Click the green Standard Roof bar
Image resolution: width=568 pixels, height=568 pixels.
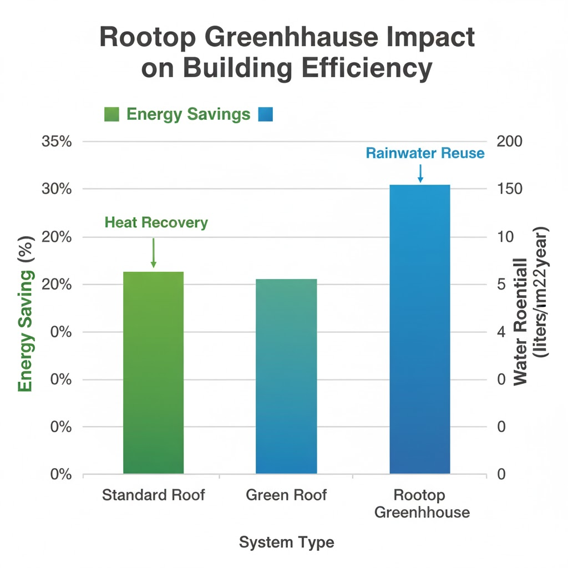(x=153, y=372)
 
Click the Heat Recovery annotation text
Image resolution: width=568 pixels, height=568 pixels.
(x=156, y=223)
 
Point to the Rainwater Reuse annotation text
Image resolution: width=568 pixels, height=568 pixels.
(x=425, y=153)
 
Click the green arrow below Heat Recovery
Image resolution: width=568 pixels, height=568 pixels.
(x=154, y=253)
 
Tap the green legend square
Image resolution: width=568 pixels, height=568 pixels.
(x=112, y=114)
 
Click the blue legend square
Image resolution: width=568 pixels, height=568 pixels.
(x=266, y=114)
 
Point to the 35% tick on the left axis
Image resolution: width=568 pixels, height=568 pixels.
(x=57, y=141)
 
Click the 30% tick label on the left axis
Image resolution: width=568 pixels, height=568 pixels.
(x=57, y=189)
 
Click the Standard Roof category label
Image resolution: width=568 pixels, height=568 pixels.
(x=153, y=495)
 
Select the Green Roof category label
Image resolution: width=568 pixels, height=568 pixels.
(x=286, y=495)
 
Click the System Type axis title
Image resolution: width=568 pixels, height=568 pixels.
(x=286, y=542)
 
